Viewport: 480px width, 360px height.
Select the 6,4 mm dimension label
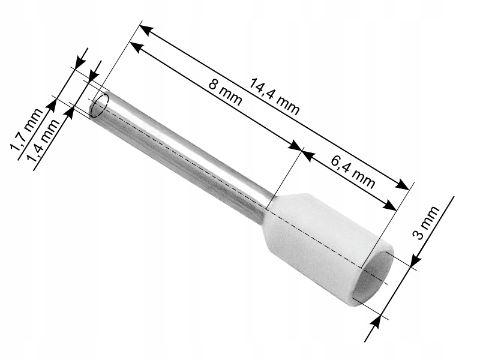click(x=353, y=170)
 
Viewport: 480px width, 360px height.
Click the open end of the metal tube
click(x=100, y=105)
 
